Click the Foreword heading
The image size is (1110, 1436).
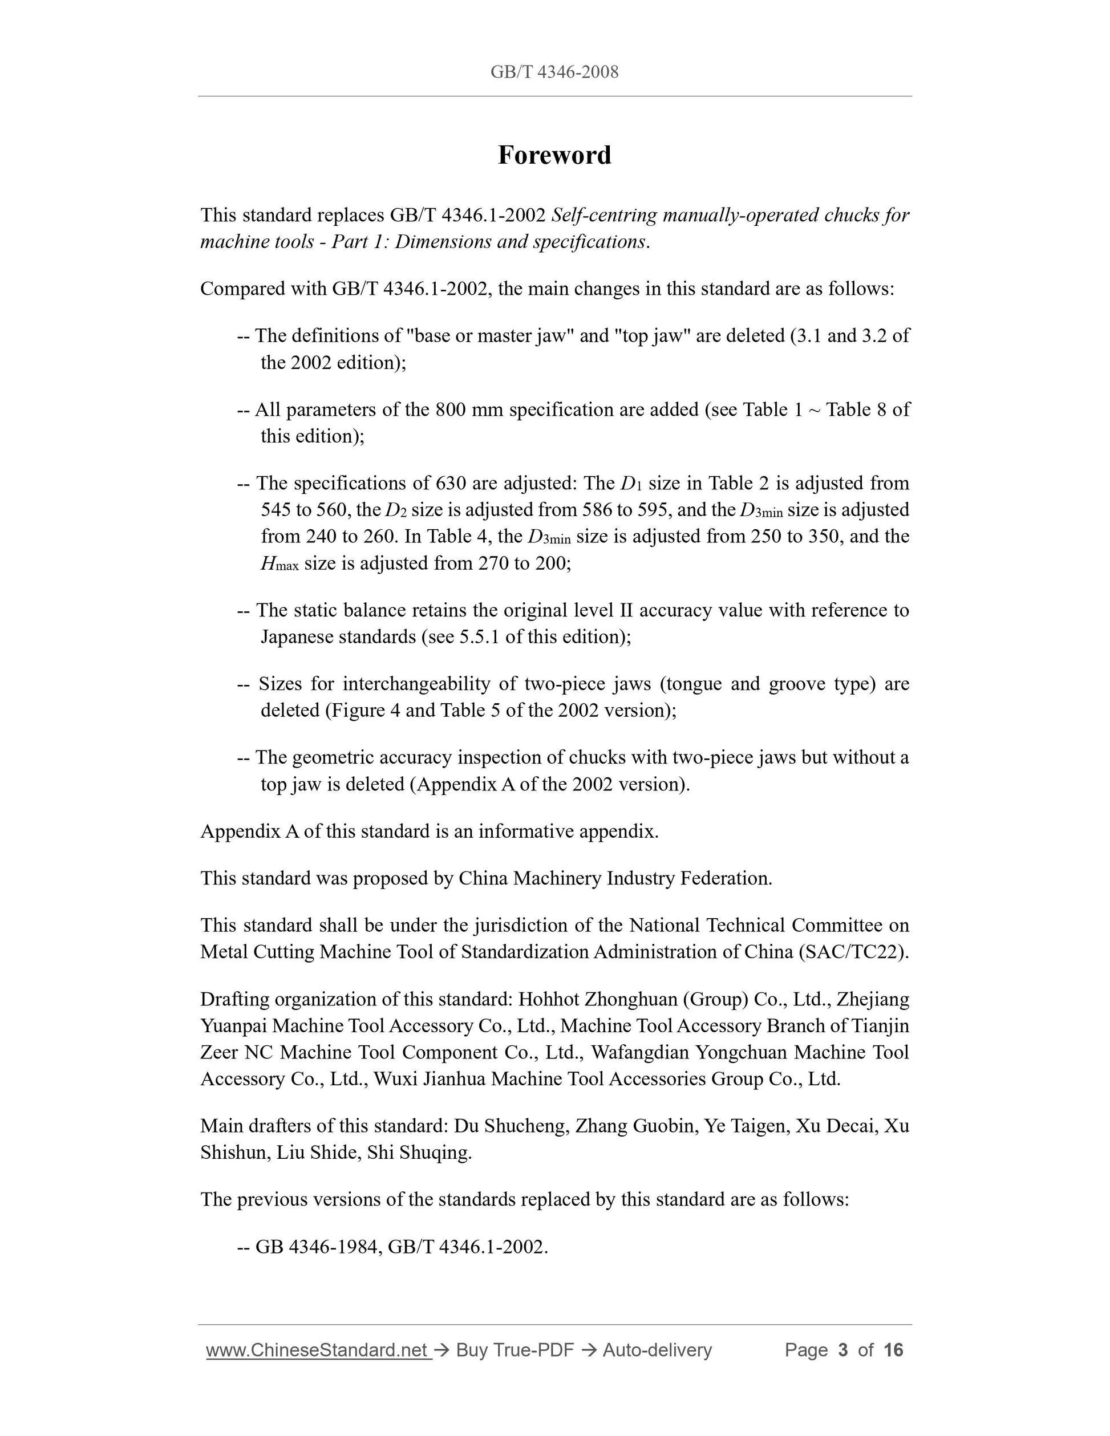[554, 155]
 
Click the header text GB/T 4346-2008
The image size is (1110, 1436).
[554, 72]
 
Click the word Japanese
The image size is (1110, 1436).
[297, 637]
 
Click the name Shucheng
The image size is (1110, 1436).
[525, 1126]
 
